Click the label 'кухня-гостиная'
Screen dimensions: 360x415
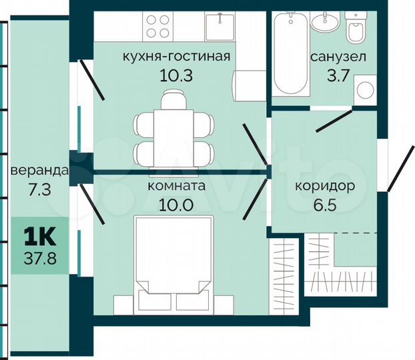coord(176,56)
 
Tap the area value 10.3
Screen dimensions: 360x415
coord(176,75)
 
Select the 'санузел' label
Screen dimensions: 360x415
coord(338,57)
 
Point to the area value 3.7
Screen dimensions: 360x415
coord(338,75)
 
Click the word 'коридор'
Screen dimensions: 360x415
coord(324,186)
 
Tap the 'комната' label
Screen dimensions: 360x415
coord(176,187)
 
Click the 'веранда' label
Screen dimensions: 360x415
coord(39,171)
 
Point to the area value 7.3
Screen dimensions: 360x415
coord(39,189)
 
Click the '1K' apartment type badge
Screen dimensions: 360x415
coord(39,235)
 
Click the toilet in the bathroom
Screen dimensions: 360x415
coord(356,30)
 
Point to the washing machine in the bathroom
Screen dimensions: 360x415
coord(365,91)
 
